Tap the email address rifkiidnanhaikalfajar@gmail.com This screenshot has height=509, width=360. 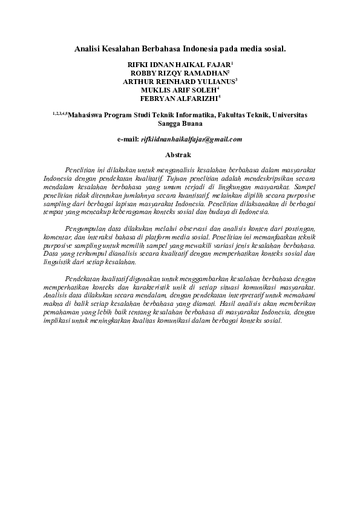point(191,139)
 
